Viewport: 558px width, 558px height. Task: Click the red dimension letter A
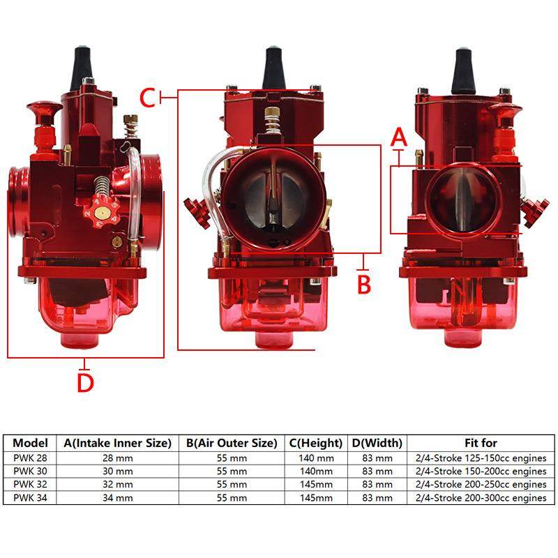point(398,137)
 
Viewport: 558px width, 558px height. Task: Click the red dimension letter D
point(85,383)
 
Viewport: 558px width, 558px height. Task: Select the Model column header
point(31,443)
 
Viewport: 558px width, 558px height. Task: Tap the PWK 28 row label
point(31,458)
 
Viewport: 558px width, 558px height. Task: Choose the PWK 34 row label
point(31,498)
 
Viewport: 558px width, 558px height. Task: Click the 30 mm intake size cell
point(117,472)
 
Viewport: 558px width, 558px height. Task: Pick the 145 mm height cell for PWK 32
point(316,485)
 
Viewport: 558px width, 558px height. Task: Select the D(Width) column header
point(377,443)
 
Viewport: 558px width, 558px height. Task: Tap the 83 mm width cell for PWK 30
point(377,472)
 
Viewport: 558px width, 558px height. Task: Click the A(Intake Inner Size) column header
point(117,443)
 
